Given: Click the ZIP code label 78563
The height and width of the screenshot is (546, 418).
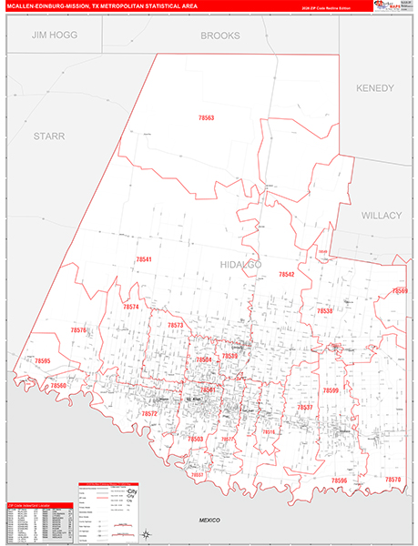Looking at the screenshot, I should point(206,118).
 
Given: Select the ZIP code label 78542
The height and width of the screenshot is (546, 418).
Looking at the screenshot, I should point(287,274).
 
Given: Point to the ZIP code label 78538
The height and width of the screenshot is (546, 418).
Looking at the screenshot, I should point(325,311).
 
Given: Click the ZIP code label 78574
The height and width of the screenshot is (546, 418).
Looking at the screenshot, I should point(131,308).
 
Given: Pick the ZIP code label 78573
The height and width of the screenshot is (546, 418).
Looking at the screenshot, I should point(176,325).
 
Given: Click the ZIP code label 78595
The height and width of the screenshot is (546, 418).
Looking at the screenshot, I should point(42,361).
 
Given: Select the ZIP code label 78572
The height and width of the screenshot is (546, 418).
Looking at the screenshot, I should point(149,413).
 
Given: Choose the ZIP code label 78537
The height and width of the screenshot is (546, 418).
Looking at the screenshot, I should point(305,407).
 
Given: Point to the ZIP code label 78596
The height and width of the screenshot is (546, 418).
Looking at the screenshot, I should point(340,480).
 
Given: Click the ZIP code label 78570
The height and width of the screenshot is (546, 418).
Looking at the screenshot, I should point(393,479).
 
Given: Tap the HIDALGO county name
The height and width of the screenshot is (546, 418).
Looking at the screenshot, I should point(241,264).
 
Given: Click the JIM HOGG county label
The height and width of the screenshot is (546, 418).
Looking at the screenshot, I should point(55,35).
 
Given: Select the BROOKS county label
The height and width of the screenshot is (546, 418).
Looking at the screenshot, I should point(220,36).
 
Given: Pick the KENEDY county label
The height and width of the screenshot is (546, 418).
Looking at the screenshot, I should point(375,88).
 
